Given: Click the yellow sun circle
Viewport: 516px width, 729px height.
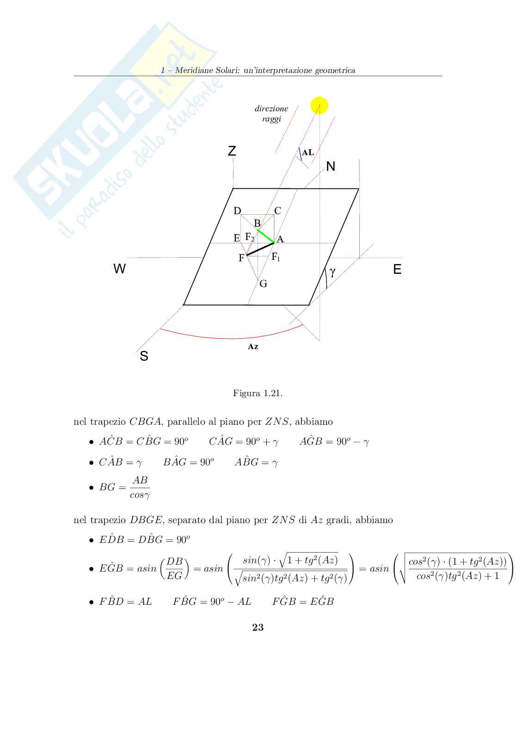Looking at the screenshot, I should click(319, 105).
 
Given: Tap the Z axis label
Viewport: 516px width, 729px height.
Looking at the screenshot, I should click(232, 151).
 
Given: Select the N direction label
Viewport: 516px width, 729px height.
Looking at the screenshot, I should click(331, 167).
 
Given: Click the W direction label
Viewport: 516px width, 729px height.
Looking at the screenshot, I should click(119, 269).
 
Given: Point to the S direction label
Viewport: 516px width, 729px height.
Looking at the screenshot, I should click(144, 356).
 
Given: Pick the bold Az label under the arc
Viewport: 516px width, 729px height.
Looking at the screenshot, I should click(253, 347).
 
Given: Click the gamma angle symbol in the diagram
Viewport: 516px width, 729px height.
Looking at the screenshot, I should click(332, 273).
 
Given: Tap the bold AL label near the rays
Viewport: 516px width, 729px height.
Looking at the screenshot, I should click(308, 152).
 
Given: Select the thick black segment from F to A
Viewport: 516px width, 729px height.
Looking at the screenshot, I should click(260, 248).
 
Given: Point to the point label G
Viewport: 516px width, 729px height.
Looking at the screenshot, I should click(263, 284).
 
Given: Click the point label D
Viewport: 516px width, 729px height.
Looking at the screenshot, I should click(237, 211).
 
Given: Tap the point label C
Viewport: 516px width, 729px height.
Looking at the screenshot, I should click(277, 211).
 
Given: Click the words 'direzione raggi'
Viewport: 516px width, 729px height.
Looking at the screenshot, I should click(271, 114).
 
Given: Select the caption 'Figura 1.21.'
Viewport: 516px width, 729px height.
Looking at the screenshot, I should click(258, 393).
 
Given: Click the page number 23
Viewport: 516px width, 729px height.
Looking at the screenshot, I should click(258, 627).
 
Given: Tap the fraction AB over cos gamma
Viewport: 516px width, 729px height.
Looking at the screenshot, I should click(140, 488).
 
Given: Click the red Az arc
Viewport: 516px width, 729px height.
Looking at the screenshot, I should click(231, 338).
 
